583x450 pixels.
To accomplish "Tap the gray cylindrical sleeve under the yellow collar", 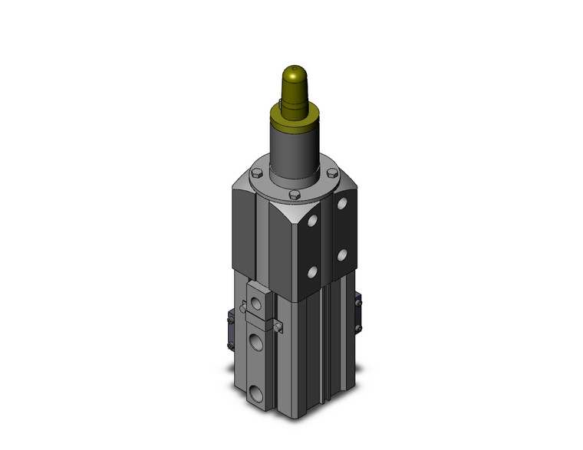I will [x=293, y=153].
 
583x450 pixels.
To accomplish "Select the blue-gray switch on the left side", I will [x=230, y=329].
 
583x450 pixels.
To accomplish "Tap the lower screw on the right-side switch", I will [x=359, y=327].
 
